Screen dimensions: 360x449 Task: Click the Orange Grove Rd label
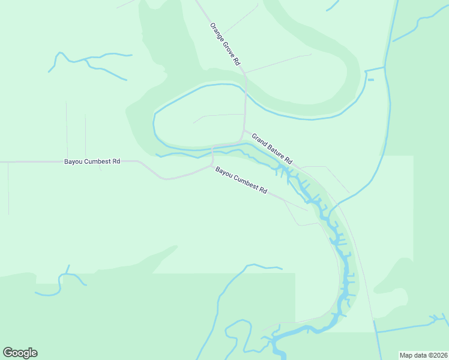click(225, 44)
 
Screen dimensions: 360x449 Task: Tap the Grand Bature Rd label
click(272, 149)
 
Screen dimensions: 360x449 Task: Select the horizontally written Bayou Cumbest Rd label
click(92, 161)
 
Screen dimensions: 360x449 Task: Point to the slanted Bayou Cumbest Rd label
click(241, 179)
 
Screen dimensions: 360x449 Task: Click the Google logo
click(20, 353)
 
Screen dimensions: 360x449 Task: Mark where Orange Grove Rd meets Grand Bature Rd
click(244, 130)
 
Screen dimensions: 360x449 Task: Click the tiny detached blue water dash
click(370, 80)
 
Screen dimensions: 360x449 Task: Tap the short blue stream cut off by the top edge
click(333, 6)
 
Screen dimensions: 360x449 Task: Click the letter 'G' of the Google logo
click(7, 352)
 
